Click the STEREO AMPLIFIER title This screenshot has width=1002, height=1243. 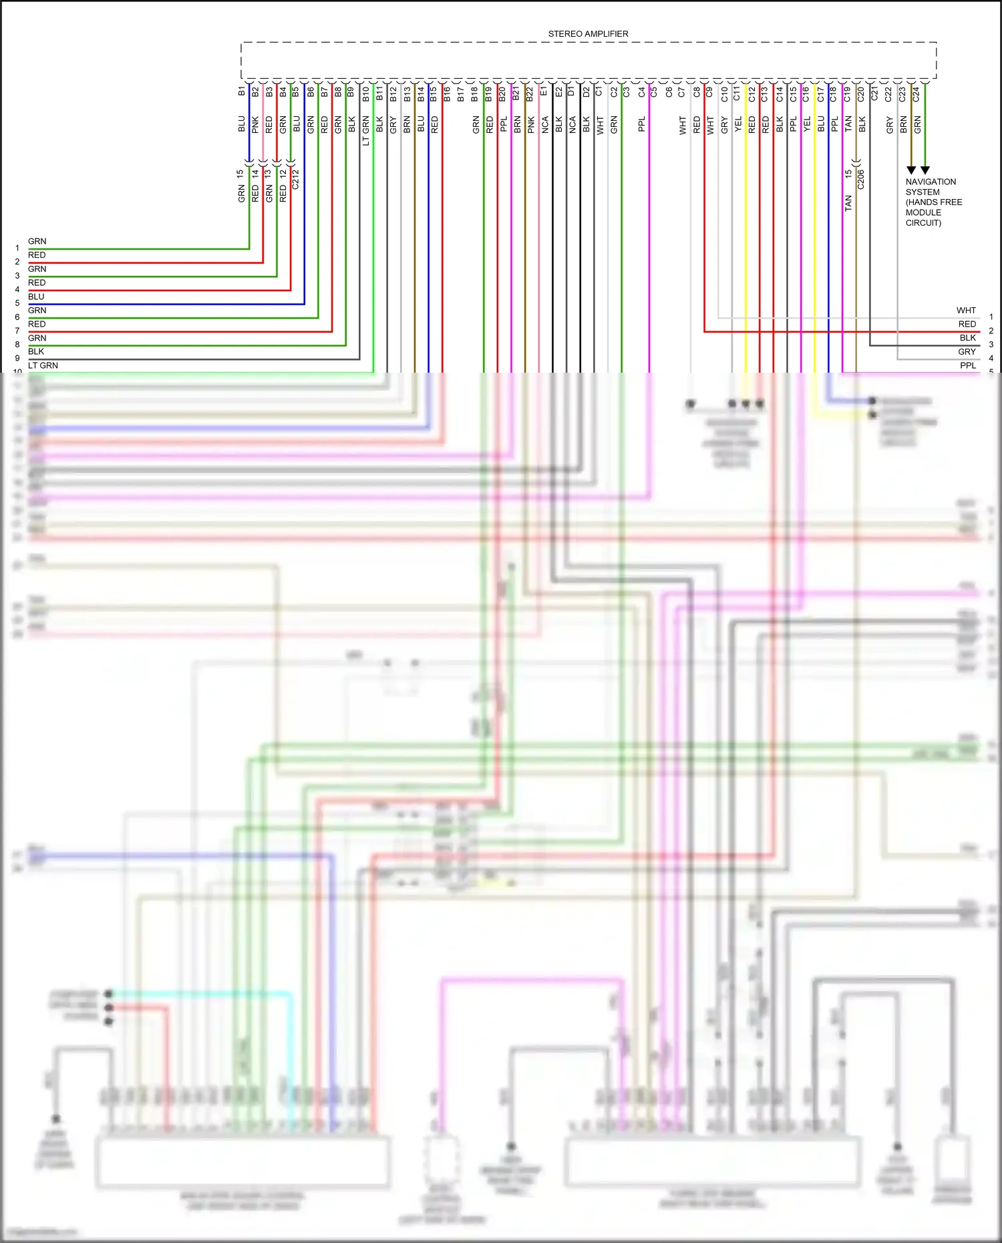[x=588, y=34]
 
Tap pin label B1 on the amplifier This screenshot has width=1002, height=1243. [x=242, y=92]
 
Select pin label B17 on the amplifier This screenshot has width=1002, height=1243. [x=461, y=94]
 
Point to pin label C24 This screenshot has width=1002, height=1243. [x=916, y=94]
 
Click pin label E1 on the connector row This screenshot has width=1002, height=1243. [x=544, y=91]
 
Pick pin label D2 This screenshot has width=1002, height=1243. [x=586, y=92]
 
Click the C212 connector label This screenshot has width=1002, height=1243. [x=296, y=179]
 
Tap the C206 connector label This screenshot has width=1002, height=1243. [x=861, y=179]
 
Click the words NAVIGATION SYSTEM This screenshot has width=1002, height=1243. [x=931, y=187]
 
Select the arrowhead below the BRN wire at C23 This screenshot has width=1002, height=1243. [x=911, y=170]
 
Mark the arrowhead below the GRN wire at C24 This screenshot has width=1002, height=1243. [x=925, y=170]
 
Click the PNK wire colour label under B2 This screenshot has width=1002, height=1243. [x=256, y=124]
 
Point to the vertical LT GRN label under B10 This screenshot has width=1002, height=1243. [x=366, y=131]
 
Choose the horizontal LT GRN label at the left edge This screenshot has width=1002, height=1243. [x=43, y=365]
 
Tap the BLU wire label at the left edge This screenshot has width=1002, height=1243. [x=36, y=297]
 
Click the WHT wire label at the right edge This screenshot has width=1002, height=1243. [x=966, y=311]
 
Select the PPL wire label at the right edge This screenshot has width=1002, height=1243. [x=968, y=365]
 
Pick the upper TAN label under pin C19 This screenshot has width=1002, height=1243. [x=848, y=124]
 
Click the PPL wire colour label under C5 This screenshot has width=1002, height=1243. [x=642, y=124]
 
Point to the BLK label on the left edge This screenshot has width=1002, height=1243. [x=36, y=351]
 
